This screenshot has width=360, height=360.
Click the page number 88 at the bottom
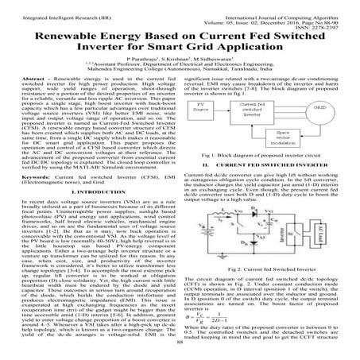pos(180,355)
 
